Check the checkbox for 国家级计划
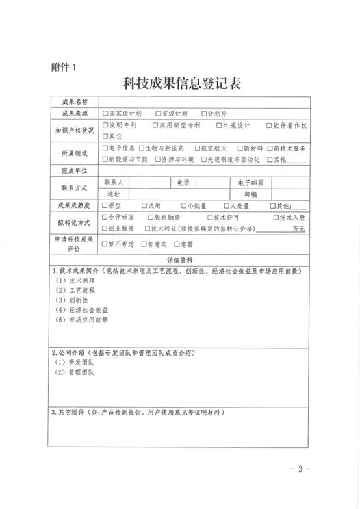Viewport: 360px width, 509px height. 105,113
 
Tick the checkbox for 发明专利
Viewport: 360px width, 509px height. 105,125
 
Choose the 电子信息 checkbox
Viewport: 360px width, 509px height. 105,148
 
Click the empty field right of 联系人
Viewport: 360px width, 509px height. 150,183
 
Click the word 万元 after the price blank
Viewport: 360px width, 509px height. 299,229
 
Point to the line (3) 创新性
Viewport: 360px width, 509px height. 71,300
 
